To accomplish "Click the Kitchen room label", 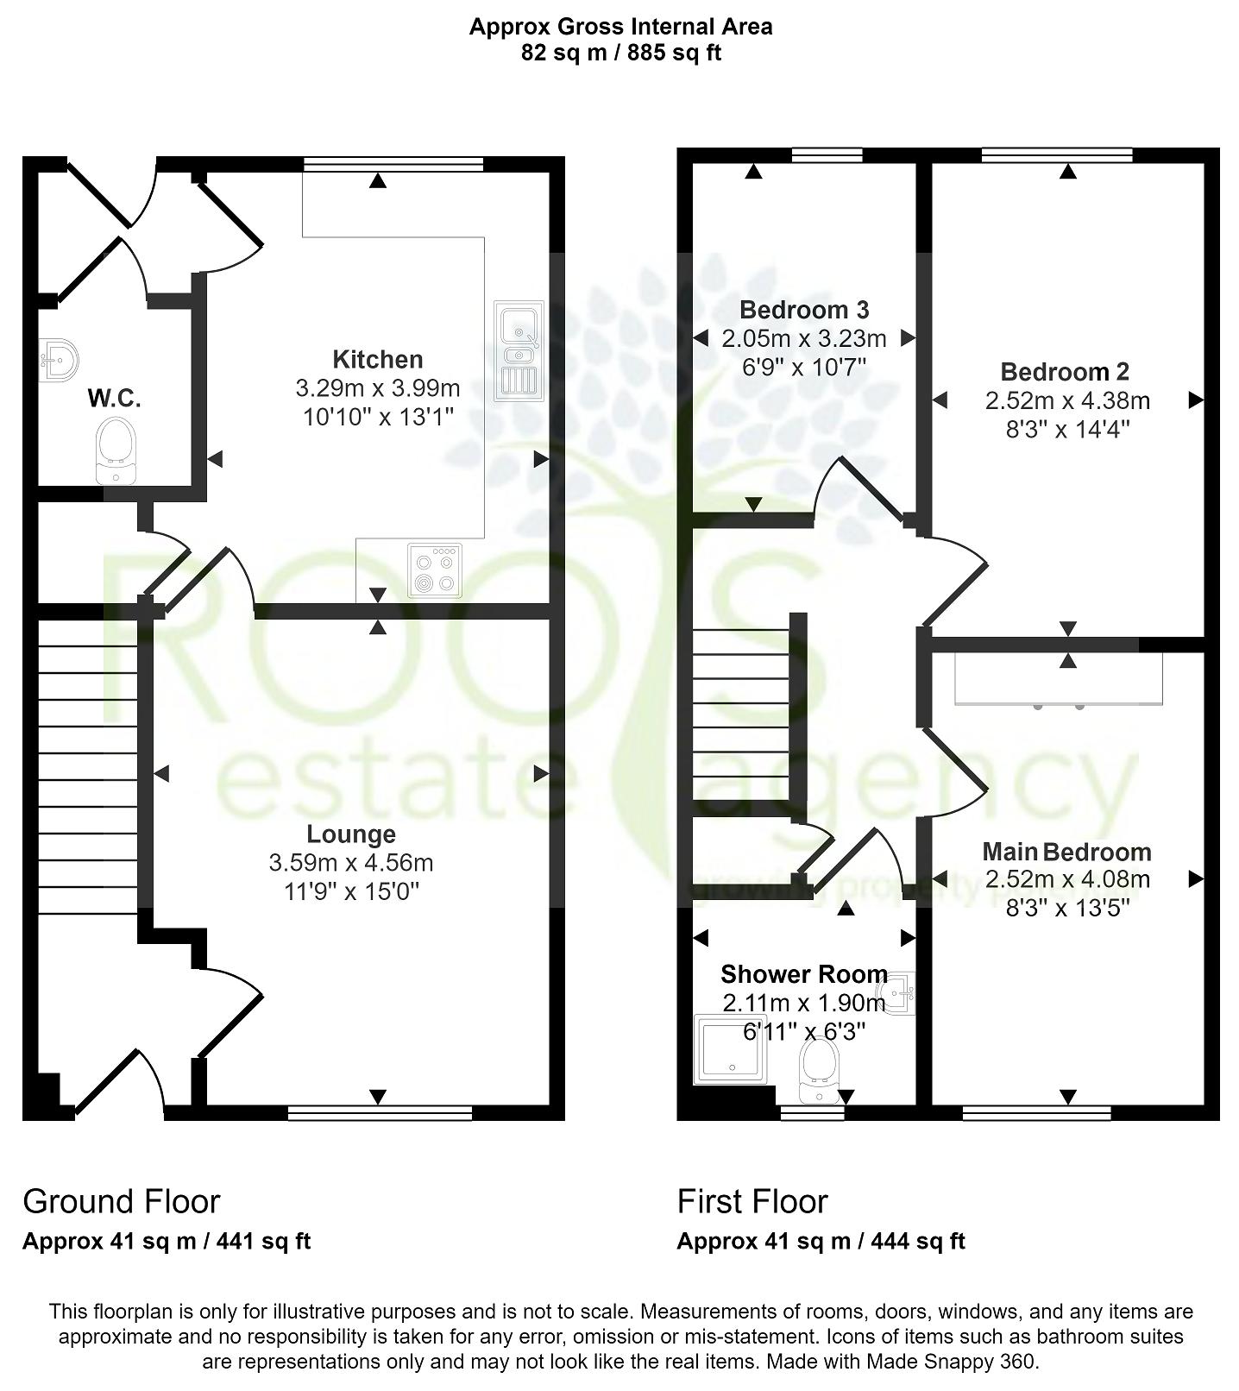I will [x=377, y=359].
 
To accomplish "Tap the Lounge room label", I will [x=351, y=834].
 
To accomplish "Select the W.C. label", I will [x=114, y=399].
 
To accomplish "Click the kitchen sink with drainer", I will [x=518, y=350].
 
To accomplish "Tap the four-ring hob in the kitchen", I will [x=435, y=570].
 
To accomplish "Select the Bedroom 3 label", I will [x=804, y=309].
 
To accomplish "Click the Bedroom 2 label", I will [x=1065, y=372].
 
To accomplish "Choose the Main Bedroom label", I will [x=1066, y=852].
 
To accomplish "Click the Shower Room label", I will [x=803, y=974].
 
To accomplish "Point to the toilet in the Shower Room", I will [x=820, y=1070].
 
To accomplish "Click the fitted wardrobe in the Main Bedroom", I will [x=1059, y=679].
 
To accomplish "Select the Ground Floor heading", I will [x=122, y=1201].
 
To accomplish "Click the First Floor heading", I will [x=752, y=1201].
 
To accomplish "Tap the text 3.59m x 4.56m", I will [x=351, y=863].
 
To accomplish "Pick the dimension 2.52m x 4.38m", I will [x=1067, y=400].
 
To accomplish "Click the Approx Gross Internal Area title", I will [x=620, y=27].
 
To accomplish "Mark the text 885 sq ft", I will [x=674, y=53].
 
